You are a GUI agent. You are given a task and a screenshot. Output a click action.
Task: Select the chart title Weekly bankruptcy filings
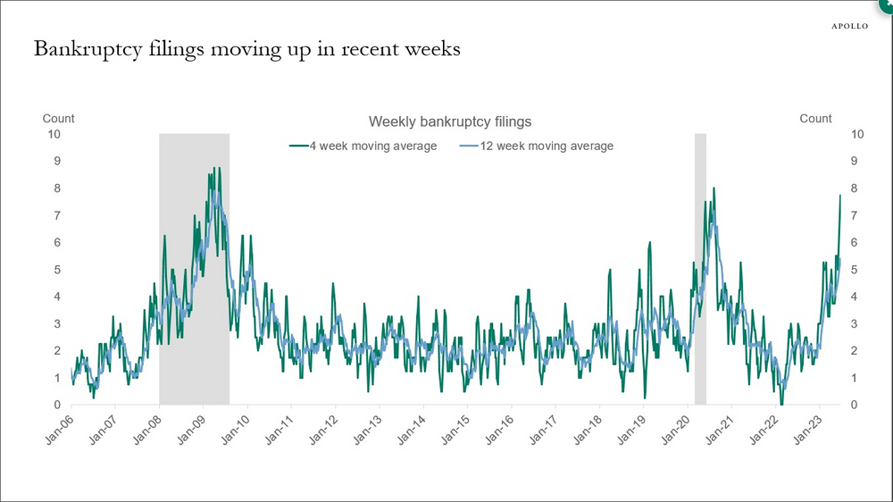450,121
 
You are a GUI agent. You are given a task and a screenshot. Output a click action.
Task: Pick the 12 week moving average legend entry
536,146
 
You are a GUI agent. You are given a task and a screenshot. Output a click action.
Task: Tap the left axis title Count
59,118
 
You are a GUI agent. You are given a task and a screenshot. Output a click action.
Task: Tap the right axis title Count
815,118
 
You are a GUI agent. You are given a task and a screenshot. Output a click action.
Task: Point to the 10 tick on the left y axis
54,134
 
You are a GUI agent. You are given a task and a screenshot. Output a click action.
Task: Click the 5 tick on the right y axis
857,270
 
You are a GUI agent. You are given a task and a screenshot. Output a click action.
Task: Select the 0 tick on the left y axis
56,406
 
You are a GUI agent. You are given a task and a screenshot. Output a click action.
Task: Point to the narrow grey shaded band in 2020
700,268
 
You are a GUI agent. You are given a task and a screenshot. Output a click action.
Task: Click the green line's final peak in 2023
840,195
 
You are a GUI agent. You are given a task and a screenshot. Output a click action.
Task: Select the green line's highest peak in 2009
214,168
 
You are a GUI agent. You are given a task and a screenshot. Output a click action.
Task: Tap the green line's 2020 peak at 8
714,188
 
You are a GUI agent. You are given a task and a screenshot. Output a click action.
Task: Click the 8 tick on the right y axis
857,188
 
